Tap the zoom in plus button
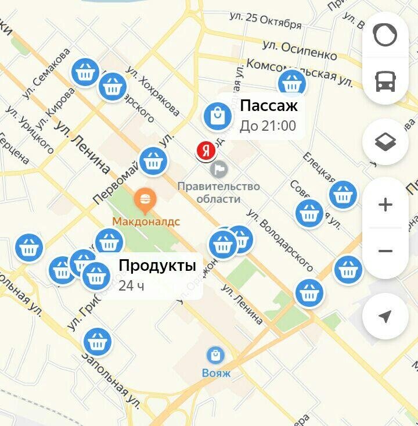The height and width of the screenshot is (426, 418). [385, 205]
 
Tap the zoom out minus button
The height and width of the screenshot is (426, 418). [385, 251]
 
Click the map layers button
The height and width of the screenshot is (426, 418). [385, 142]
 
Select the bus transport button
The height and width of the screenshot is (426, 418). [385, 82]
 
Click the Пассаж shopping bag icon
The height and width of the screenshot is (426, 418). [217, 116]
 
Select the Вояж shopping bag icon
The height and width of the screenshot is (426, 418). [216, 355]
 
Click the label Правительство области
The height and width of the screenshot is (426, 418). [218, 192]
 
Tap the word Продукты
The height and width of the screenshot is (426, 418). [157, 266]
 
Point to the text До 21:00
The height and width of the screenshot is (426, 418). [268, 126]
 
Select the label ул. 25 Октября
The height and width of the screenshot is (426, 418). [266, 21]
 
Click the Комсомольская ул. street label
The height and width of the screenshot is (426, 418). [299, 72]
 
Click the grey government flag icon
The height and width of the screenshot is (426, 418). [220, 169]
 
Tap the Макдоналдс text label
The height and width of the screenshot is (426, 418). [146, 221]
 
